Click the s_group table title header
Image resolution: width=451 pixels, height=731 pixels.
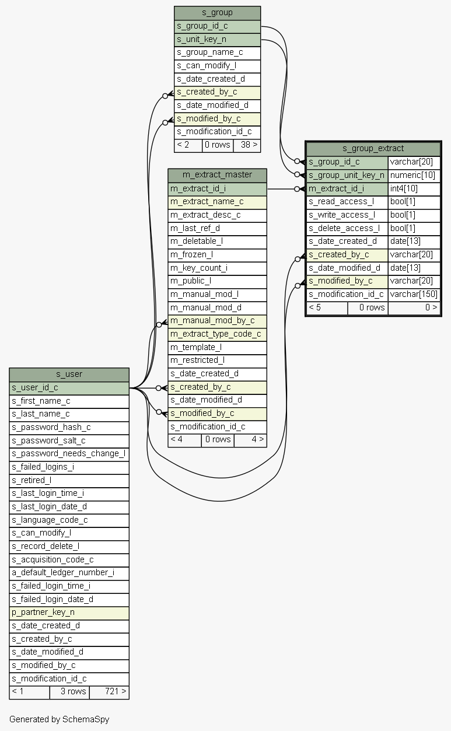coord(218,13)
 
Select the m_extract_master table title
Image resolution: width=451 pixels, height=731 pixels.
coord(218,175)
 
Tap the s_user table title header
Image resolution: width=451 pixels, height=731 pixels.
coord(69,375)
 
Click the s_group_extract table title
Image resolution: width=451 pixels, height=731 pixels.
coord(373,149)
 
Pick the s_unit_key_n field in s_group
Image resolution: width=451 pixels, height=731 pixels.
coord(218,40)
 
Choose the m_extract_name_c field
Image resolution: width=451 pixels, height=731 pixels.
coord(218,202)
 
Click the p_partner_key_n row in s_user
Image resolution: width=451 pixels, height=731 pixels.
coord(69,613)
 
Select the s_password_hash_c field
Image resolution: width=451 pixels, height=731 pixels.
coord(69,428)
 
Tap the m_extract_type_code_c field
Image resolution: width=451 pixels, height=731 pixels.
coord(218,334)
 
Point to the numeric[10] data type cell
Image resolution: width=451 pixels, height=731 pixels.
coord(414,176)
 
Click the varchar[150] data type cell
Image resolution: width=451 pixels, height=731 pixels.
coord(414,295)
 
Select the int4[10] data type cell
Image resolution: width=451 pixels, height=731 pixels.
coord(414,189)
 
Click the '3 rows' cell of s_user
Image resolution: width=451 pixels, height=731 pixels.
coord(69,692)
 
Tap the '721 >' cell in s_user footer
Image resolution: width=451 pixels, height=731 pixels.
coord(109,692)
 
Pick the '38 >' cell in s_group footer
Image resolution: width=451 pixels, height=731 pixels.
coord(247,145)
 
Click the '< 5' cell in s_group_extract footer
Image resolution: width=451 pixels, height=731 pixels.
coord(327,308)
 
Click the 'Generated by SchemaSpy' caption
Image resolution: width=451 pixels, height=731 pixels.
coord(60,719)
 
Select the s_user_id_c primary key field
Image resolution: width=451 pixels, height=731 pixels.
coord(69,388)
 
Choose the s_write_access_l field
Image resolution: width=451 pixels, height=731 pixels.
coord(347,215)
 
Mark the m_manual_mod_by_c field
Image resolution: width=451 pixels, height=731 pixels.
coord(218,321)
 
